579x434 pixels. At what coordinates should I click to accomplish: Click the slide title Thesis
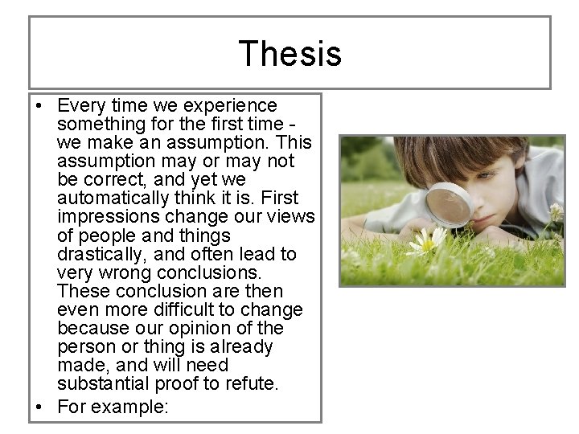289,54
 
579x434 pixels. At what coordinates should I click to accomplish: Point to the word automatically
109,199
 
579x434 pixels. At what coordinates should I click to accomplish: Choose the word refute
253,383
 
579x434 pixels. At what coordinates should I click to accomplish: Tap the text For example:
113,407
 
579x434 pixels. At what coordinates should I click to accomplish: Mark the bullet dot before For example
40,407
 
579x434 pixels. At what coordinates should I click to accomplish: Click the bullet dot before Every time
40,106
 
